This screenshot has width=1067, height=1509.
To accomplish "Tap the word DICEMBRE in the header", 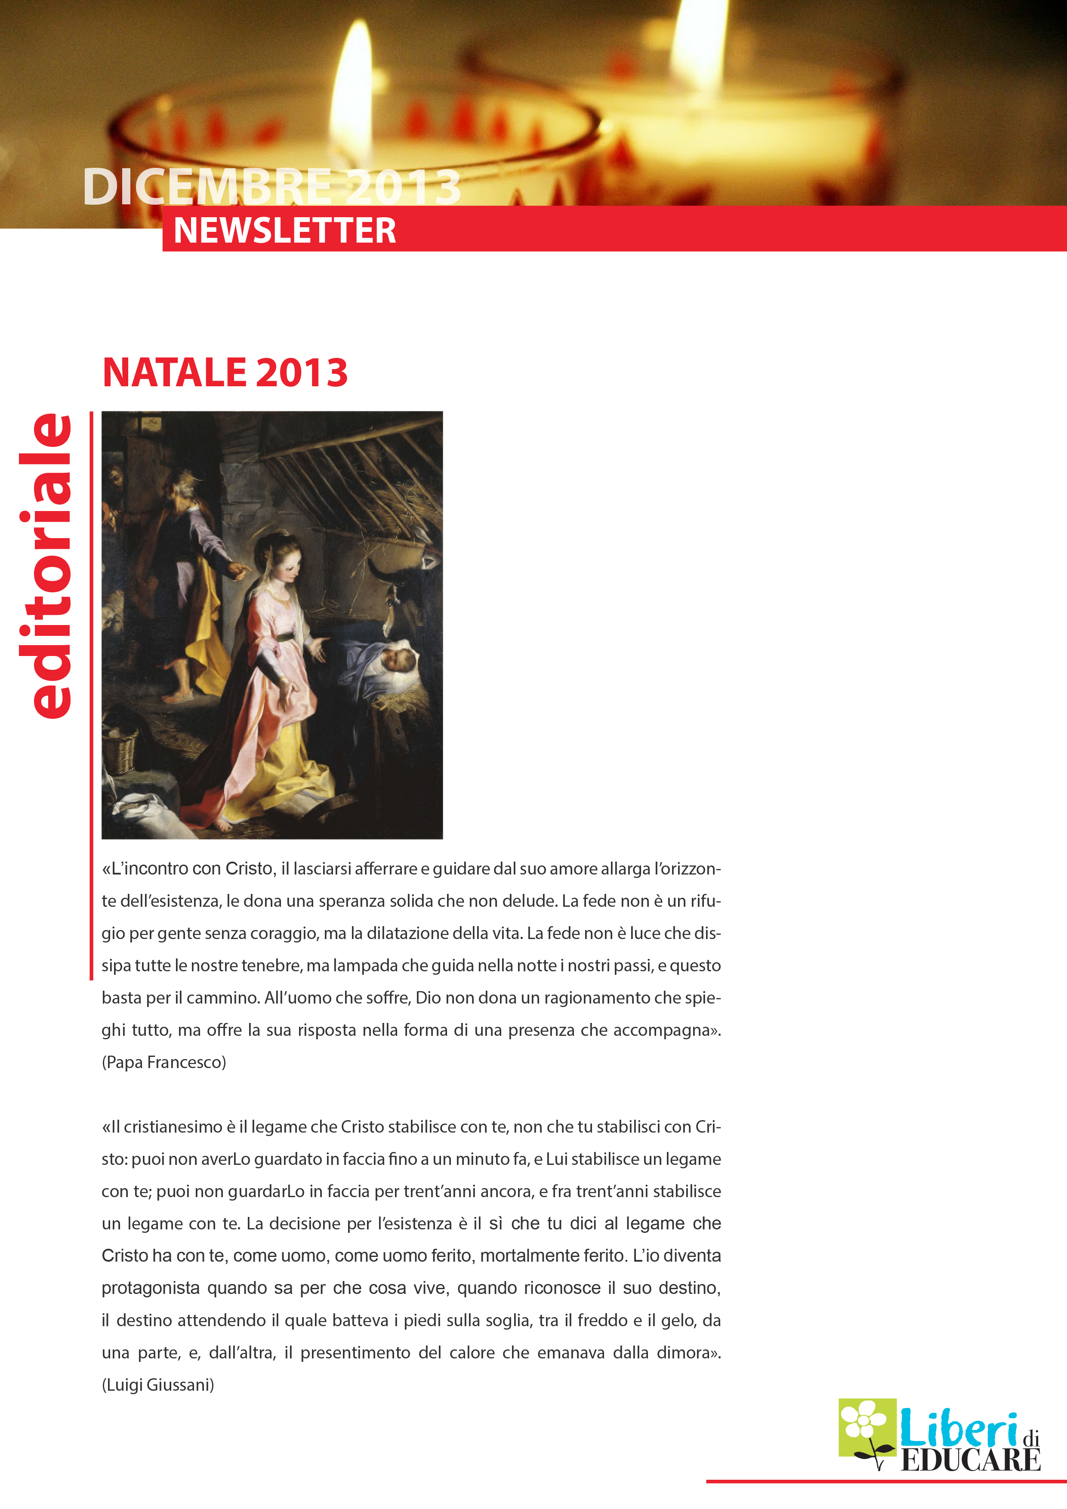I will tap(207, 187).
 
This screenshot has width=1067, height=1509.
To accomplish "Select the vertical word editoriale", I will tap(46, 565).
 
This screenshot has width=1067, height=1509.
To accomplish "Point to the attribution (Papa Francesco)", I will tap(163, 1062).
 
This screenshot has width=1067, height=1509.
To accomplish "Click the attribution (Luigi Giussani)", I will tap(158, 1385).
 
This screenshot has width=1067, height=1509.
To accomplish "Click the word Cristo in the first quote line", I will tap(249, 869).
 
